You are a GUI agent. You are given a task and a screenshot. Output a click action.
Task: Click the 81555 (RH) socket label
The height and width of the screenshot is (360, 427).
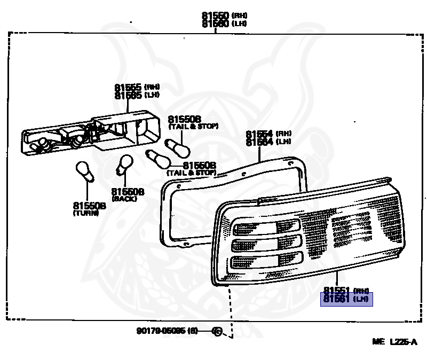point(137,87)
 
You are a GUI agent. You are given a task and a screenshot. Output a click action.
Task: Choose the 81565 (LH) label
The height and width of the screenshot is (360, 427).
point(137,95)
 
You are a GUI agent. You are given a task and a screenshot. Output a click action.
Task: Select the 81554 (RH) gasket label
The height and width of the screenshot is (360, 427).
point(268,134)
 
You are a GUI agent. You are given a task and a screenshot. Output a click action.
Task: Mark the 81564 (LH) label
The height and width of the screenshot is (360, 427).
point(268,142)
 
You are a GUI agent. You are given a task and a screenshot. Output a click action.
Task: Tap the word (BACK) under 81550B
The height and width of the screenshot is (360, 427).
point(124,199)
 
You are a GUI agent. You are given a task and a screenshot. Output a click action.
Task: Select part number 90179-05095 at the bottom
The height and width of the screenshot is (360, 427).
point(160,331)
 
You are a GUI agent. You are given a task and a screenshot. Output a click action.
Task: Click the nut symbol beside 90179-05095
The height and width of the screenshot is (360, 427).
point(217,331)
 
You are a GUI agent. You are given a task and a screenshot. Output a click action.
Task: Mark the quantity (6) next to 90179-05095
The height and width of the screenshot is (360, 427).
point(192,331)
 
